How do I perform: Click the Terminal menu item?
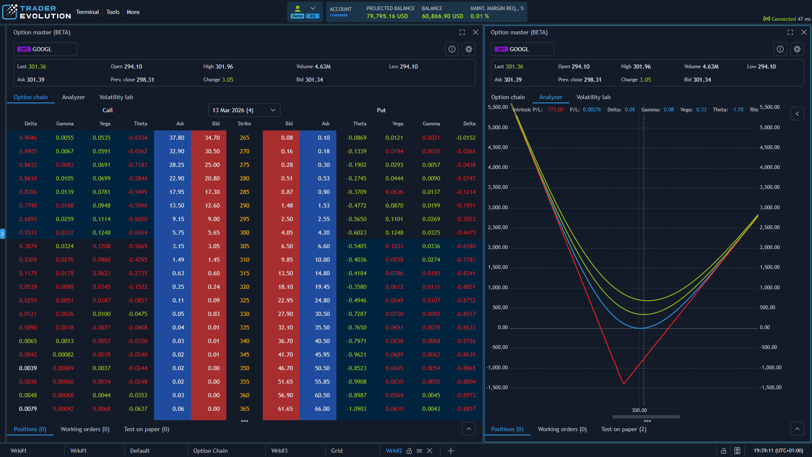87,12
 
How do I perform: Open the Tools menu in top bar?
113,12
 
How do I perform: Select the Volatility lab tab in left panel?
116,97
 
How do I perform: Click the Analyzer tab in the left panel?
73,97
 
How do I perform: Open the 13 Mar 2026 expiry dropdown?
244,110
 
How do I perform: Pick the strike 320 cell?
244,287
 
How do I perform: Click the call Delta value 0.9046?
28,138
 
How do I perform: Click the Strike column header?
244,124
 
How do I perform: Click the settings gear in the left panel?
468,49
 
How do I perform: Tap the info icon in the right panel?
780,49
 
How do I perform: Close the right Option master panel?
804,32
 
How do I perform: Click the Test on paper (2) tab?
623,429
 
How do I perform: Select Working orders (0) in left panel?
85,429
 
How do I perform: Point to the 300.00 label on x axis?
639,410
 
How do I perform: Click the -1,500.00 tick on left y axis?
497,388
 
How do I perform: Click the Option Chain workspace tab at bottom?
210,451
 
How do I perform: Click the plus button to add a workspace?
451,451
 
